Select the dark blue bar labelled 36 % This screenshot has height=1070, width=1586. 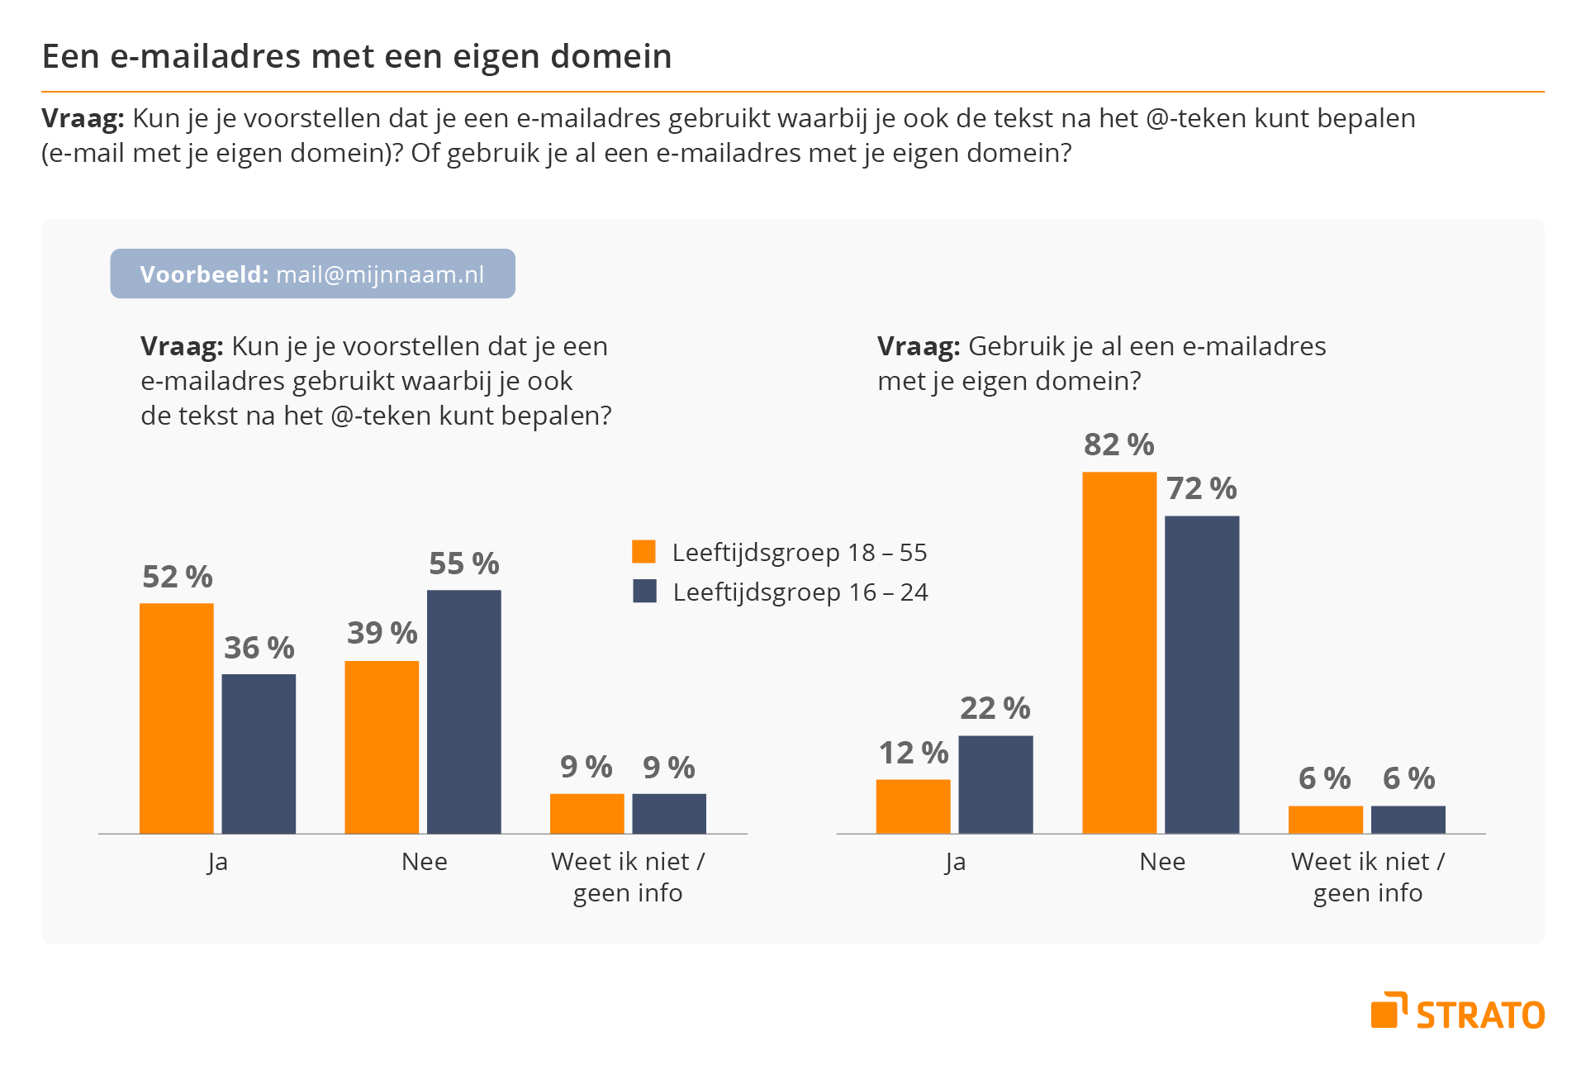pyautogui.click(x=259, y=753)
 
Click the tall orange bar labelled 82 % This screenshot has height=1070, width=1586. pyautogui.click(x=1119, y=652)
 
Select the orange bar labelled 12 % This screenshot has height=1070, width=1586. pyautogui.click(x=913, y=806)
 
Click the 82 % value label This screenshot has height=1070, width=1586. pyautogui.click(x=1119, y=445)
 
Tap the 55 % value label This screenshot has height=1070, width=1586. pyautogui.click(x=463, y=564)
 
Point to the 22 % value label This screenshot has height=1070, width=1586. pyautogui.click(x=995, y=708)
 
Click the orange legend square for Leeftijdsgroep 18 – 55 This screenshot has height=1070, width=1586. pyautogui.click(x=643, y=551)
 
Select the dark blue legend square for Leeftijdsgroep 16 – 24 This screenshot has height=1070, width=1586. pyautogui.click(x=644, y=591)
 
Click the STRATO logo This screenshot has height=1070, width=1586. pyautogui.click(x=1458, y=1012)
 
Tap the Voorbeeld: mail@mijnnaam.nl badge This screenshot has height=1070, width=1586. pyautogui.click(x=312, y=273)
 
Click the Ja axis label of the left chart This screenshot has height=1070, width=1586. pyautogui.click(x=217, y=862)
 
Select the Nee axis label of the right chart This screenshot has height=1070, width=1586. pyautogui.click(x=1162, y=862)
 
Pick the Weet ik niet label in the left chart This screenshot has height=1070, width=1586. pyautogui.click(x=628, y=862)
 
